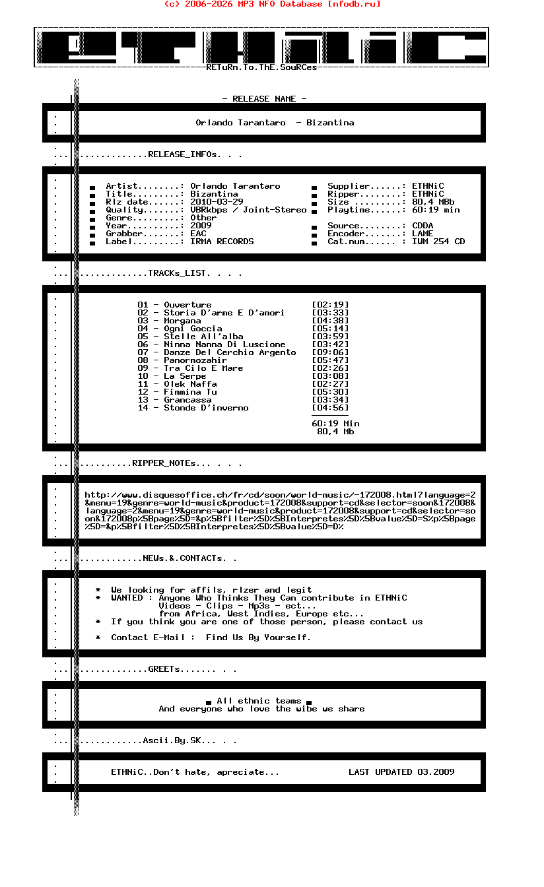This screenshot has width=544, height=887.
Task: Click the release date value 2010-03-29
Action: pos(217,202)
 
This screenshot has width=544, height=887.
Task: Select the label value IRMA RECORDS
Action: pos(222,242)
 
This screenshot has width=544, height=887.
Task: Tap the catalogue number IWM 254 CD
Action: pos(438,242)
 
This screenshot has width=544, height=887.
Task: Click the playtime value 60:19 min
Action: pos(436,210)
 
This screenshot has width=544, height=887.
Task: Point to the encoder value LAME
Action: pos(423,234)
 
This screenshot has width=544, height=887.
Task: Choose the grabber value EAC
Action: pos(198,234)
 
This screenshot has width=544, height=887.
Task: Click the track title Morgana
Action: pos(182,321)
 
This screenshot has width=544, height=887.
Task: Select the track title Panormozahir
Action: pos(195,360)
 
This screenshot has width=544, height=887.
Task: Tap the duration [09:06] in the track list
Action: pos(330,352)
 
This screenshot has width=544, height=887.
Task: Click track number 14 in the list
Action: pos(143,408)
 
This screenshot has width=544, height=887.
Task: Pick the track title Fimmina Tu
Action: pos(190,392)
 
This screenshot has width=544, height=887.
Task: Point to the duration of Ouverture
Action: pos(330,305)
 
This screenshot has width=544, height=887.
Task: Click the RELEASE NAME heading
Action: pos(264,99)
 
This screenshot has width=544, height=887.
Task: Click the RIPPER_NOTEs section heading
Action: pos(164,463)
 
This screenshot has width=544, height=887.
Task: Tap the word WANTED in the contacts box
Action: pos(127,598)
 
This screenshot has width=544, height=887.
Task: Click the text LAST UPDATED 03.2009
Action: pos(401,772)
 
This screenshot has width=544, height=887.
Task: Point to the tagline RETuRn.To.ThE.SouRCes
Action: pos(261,67)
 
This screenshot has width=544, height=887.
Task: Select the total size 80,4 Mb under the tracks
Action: pos(335,432)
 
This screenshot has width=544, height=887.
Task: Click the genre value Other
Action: pos(203,218)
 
